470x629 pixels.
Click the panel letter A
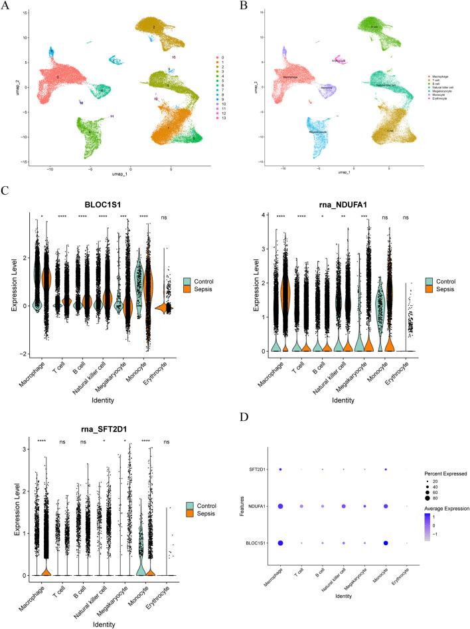coord(5,6)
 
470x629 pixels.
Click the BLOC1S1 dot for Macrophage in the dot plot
coord(281,543)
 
